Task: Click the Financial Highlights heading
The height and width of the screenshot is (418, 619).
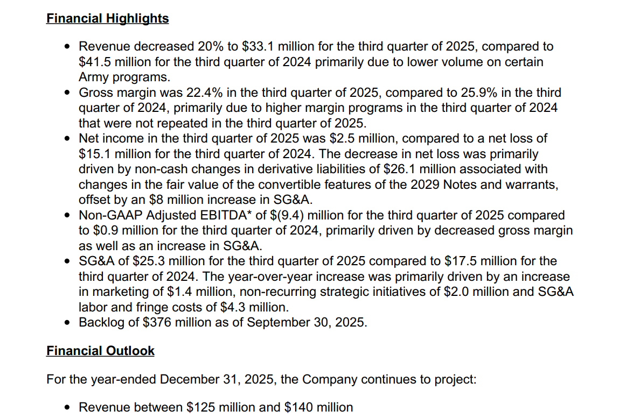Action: (107, 18)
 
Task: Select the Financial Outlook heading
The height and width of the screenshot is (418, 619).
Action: (100, 351)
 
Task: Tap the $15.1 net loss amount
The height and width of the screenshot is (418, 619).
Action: (96, 154)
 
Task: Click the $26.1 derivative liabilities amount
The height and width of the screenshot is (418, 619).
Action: (400, 169)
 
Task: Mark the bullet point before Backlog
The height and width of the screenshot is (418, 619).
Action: (67, 323)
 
